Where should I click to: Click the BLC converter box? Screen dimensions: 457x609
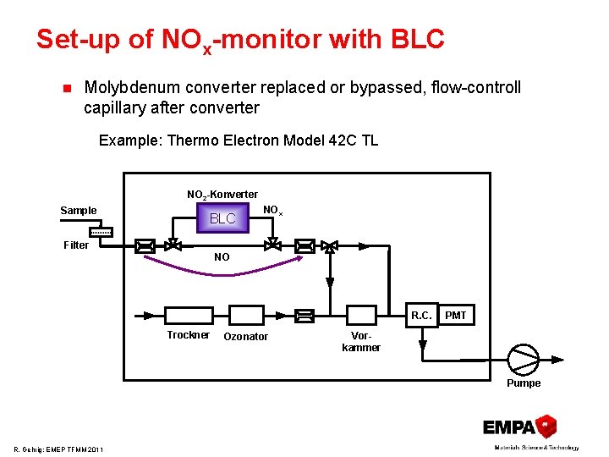(222, 218)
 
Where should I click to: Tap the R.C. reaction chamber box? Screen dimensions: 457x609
(421, 315)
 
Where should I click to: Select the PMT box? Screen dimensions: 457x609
(456, 315)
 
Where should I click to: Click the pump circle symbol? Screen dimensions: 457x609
(522, 359)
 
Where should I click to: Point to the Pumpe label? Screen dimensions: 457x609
(524, 383)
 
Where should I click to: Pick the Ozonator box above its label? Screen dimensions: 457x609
(245, 315)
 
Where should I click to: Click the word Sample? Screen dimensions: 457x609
(79, 211)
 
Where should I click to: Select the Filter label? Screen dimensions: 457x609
(76, 245)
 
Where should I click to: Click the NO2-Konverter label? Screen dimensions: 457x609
(222, 195)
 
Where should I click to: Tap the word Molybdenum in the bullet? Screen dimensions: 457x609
(129, 88)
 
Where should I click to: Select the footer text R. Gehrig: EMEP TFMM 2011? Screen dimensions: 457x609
(58, 449)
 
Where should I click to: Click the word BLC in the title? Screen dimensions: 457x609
(418, 39)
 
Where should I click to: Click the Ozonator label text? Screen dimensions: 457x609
(245, 337)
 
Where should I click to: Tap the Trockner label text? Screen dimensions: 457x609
(188, 335)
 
